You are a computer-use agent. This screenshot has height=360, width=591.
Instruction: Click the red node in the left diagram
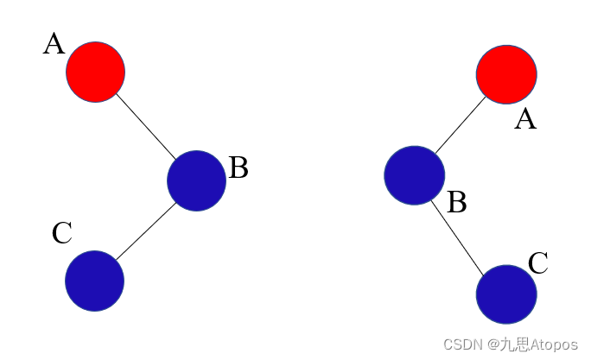[x=96, y=72]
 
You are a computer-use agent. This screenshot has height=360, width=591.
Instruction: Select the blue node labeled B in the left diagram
[x=196, y=180]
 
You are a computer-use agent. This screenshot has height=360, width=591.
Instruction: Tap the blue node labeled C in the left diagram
[x=95, y=281]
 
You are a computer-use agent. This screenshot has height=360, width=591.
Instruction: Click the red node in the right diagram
[x=506, y=74]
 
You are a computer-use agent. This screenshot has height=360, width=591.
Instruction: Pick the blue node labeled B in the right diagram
[x=415, y=175]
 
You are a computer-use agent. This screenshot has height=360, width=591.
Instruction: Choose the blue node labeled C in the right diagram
[x=506, y=294]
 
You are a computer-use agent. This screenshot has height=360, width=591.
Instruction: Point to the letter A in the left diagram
[x=54, y=44]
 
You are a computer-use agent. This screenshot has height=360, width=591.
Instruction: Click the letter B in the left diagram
[x=238, y=168]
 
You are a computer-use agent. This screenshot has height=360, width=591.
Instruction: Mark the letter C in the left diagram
[x=61, y=234]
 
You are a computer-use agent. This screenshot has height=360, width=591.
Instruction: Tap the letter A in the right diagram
[x=525, y=119]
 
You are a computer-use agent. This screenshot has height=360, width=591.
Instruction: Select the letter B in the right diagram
[x=457, y=203]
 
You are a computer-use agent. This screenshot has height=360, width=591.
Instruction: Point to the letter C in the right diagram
[x=538, y=263]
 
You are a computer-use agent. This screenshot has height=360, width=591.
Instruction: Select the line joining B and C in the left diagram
[x=146, y=231]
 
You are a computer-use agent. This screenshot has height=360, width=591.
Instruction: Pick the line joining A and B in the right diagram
[x=461, y=126]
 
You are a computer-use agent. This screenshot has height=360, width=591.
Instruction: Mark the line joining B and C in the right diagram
[x=459, y=234]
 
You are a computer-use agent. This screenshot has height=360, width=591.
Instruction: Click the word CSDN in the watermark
[x=461, y=344]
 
